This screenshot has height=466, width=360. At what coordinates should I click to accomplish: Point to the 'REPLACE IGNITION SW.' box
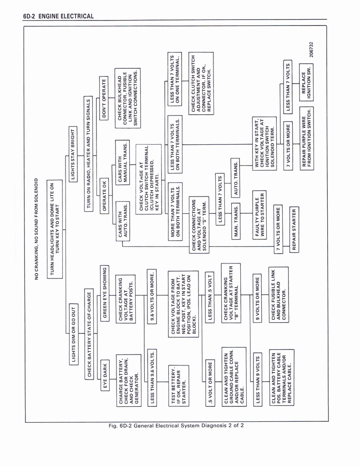click(x=306, y=81)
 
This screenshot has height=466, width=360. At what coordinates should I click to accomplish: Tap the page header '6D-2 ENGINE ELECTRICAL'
click(x=58, y=16)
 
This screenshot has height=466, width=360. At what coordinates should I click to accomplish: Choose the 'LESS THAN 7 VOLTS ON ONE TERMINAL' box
click(x=175, y=80)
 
